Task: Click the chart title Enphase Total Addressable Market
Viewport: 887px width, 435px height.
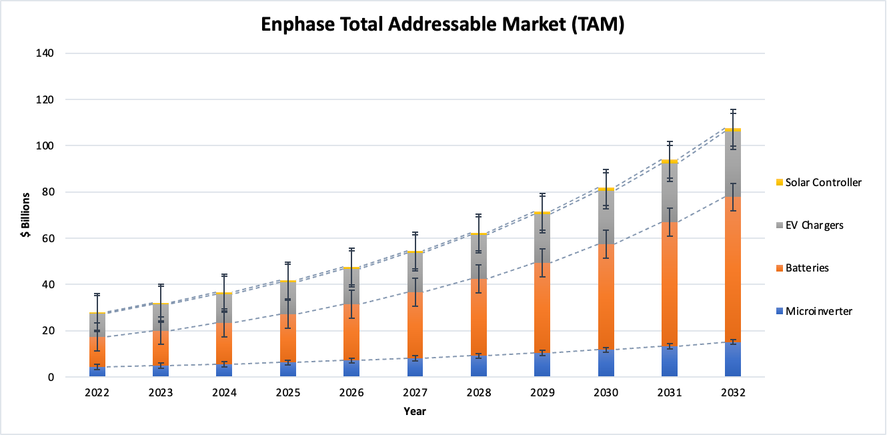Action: [442, 25]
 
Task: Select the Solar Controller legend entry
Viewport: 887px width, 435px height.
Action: [823, 182]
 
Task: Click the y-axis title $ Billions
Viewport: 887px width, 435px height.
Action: [25, 215]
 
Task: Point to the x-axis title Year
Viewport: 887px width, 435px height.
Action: [414, 411]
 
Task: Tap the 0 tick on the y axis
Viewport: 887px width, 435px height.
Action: [50, 378]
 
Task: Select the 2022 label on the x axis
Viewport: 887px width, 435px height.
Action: [97, 393]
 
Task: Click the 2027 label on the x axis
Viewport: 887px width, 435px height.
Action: [415, 393]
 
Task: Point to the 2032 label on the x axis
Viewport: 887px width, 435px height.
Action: [733, 393]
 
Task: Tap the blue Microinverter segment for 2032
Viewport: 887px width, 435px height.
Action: [733, 360]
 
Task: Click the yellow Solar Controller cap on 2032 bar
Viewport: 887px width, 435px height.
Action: [733, 130]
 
